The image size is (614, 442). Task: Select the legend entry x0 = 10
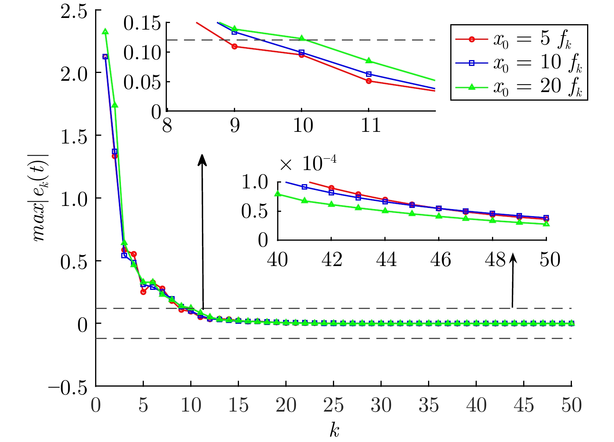(x=518, y=63)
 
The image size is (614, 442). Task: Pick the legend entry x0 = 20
(x=518, y=86)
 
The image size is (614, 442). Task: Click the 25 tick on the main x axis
(x=333, y=405)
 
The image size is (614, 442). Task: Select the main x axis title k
(x=334, y=430)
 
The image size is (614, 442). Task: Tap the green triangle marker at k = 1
(x=105, y=32)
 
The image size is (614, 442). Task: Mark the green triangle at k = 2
(x=115, y=105)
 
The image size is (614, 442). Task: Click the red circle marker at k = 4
(x=134, y=254)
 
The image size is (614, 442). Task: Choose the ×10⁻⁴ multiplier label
(x=308, y=163)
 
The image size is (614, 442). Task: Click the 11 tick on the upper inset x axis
(x=370, y=126)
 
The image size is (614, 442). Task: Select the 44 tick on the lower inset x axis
(x=386, y=260)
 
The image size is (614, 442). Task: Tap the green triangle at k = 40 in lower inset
(x=278, y=193)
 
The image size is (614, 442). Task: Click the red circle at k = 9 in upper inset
(x=234, y=46)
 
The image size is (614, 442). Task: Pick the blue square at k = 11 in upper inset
(x=369, y=74)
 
